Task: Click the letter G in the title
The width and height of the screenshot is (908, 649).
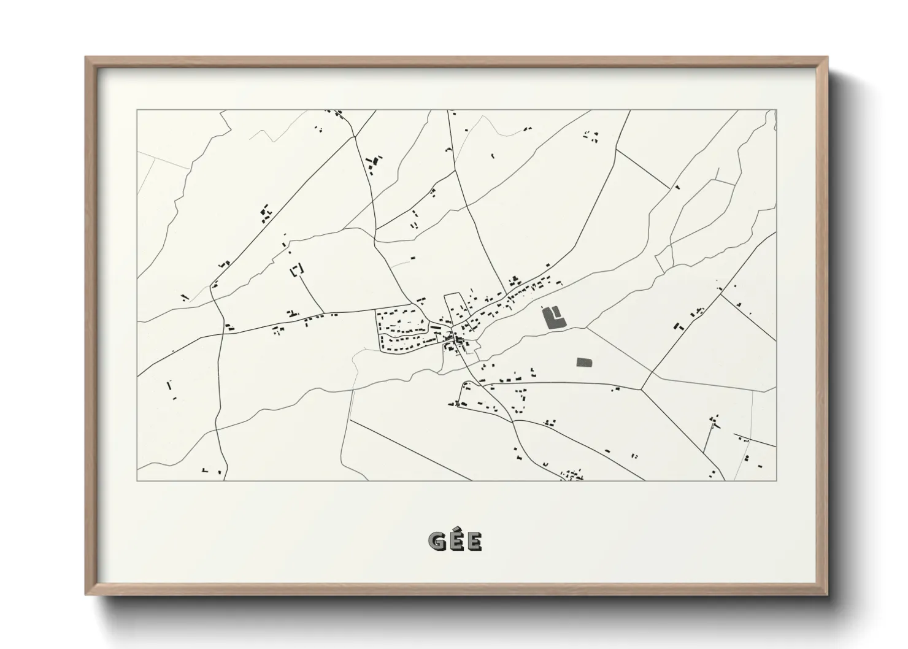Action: coord(437,541)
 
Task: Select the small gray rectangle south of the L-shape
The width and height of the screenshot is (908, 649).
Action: coord(585,363)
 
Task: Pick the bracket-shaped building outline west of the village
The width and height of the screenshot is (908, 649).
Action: coord(298,270)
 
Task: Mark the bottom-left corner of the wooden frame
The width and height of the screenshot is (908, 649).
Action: coord(87,593)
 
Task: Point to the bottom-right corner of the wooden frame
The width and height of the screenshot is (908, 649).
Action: coord(826,593)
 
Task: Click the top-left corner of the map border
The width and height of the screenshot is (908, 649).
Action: coord(137,110)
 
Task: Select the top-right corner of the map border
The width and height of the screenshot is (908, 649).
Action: coord(777,110)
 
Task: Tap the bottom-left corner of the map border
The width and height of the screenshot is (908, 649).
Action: coord(137,480)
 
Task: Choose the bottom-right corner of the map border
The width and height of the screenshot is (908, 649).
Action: coord(777,480)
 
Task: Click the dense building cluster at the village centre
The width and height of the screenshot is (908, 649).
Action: coord(455,339)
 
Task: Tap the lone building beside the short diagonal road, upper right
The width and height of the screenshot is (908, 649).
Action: coord(677,186)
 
